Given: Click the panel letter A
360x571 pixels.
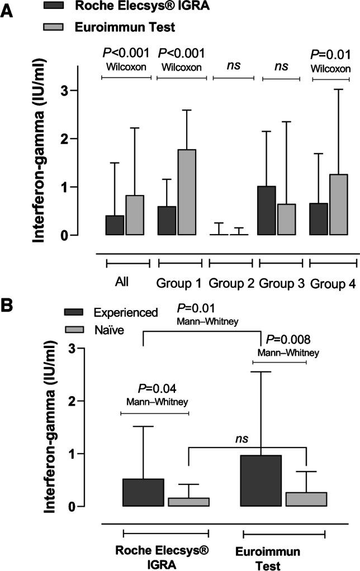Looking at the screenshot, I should point(7,11).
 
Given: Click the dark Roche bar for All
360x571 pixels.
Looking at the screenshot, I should point(115,225).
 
